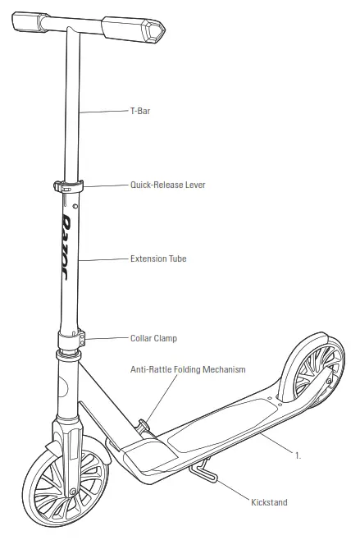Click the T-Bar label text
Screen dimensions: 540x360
click(141, 110)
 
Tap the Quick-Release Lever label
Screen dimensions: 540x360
click(167, 185)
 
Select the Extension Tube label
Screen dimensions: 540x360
click(158, 259)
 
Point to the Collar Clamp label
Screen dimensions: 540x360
click(153, 338)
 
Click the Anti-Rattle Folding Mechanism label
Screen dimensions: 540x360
click(188, 370)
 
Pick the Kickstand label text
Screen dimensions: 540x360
click(270, 501)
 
